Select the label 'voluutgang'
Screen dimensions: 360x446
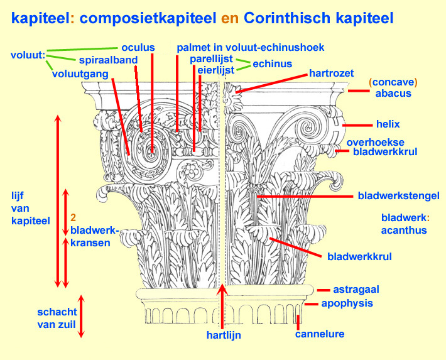(80, 74)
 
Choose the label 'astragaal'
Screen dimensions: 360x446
(359, 290)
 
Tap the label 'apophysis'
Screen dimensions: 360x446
(347, 303)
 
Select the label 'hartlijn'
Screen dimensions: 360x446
(224, 335)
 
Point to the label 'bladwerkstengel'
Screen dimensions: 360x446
(398, 196)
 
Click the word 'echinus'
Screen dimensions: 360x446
(272, 63)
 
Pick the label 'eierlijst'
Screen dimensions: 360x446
(217, 70)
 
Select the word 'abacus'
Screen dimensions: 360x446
(393, 93)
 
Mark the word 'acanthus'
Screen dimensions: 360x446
(404, 230)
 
